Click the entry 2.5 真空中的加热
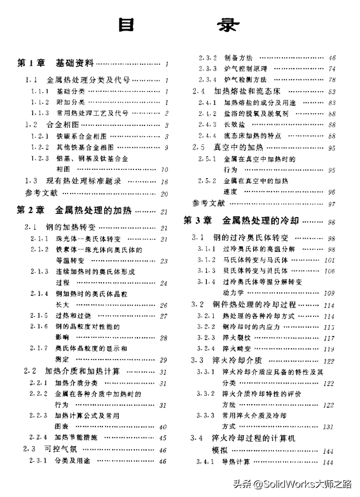point(223,147)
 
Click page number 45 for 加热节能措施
point(163,438)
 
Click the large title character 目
point(127,24)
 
